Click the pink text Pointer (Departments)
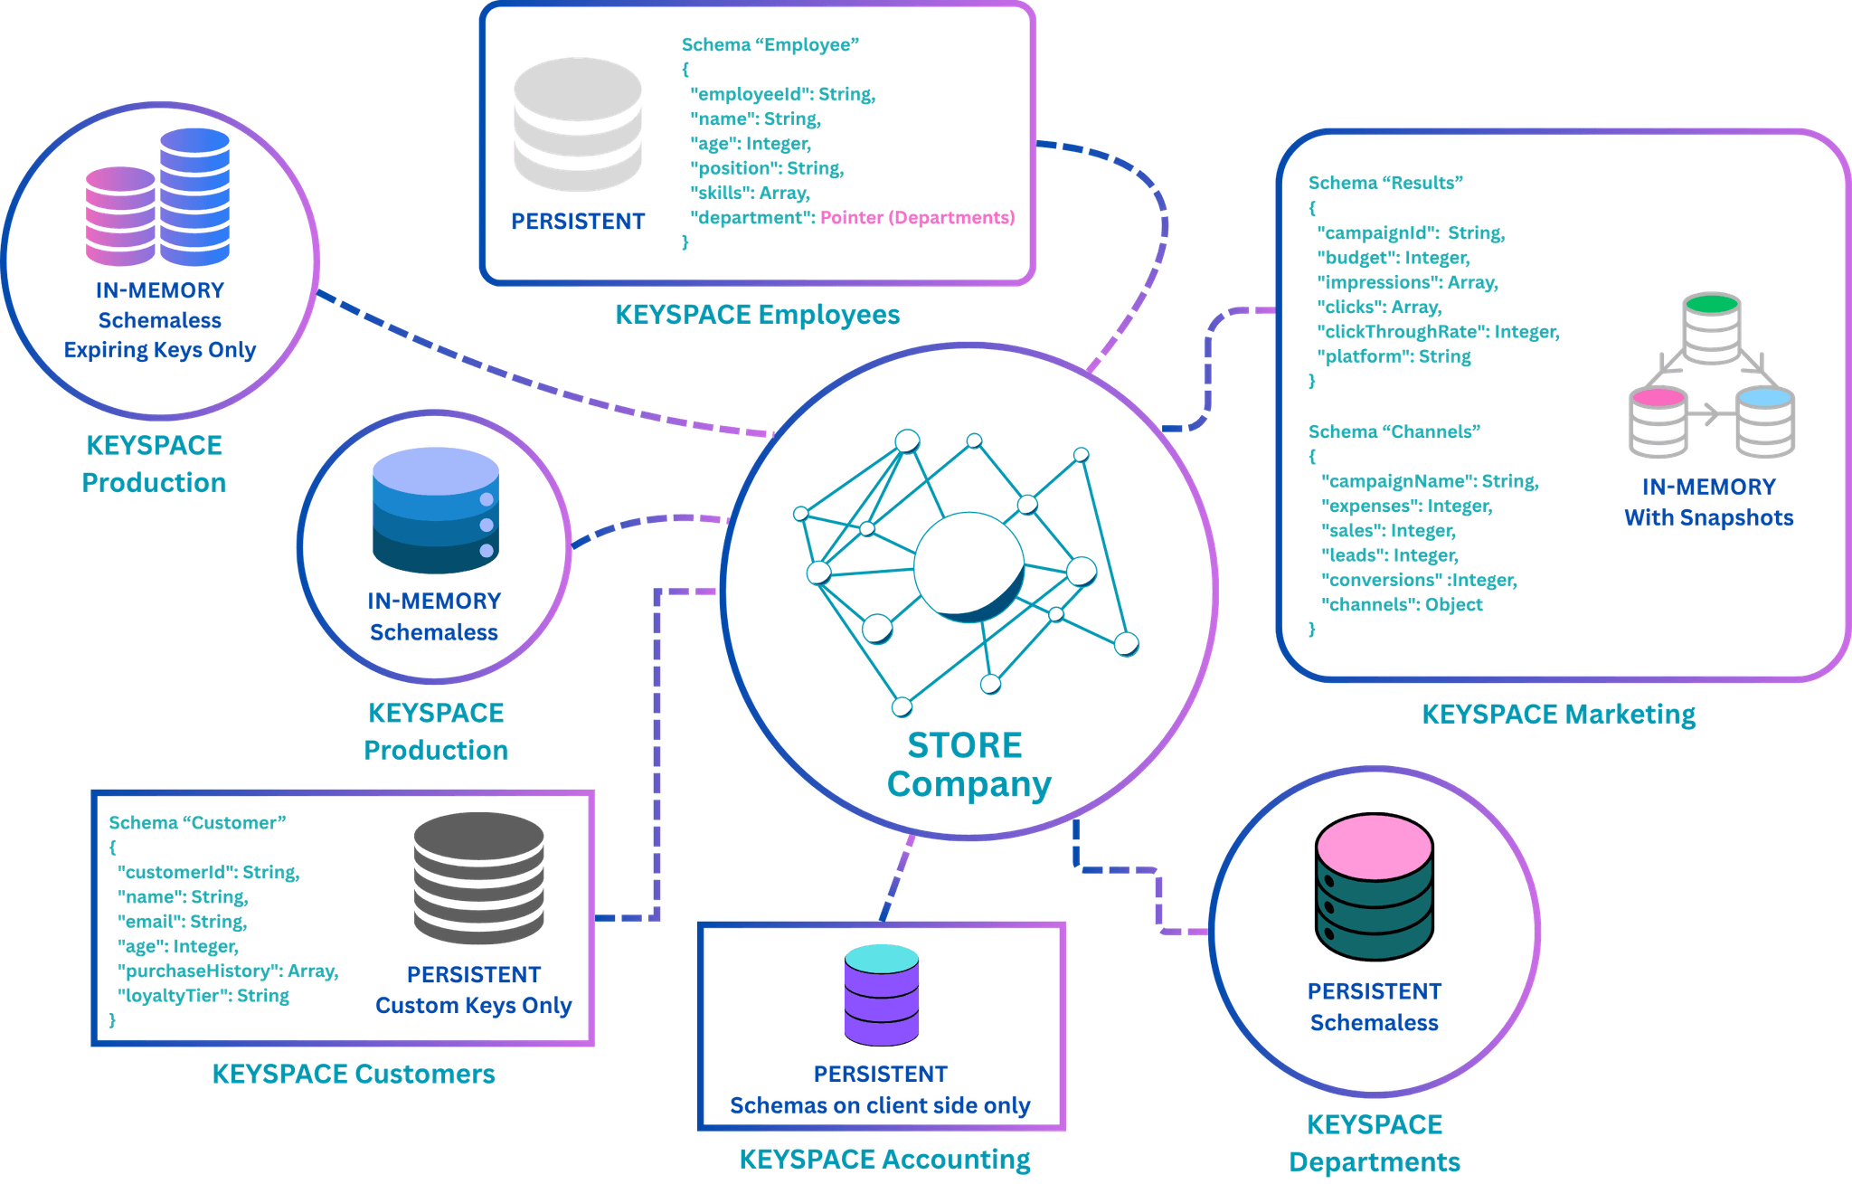point(917,218)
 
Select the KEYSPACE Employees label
point(758,315)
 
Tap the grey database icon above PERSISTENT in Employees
point(578,125)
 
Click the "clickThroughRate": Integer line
point(1438,332)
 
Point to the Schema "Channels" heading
point(1394,431)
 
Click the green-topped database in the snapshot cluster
point(1712,327)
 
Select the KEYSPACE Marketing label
point(1559,715)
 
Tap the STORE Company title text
point(969,765)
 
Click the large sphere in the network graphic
point(969,567)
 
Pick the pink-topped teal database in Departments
point(1375,886)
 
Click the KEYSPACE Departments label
point(1375,1143)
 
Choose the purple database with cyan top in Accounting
point(882,994)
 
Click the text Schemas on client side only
point(880,1106)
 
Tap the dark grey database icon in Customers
point(479,878)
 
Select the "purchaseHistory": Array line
point(228,971)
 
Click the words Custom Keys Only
point(474,1006)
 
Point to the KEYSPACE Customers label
point(354,1074)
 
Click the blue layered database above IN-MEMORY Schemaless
point(436,510)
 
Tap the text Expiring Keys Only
point(160,350)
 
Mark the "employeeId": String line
point(782,94)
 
